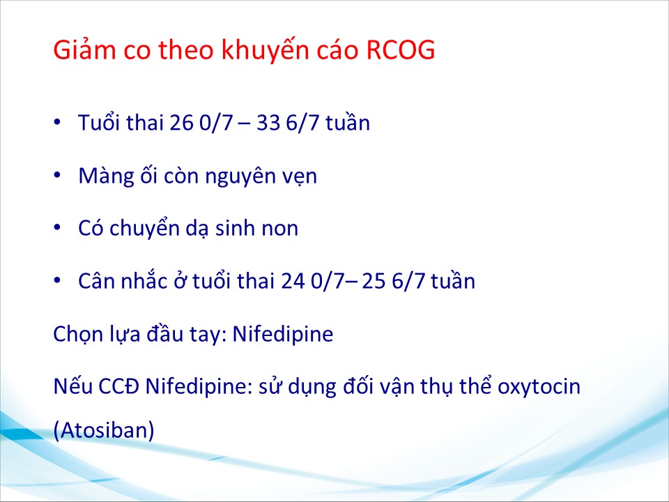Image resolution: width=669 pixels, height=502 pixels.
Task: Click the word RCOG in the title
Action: click(401, 50)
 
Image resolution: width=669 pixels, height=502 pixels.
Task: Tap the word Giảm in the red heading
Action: click(84, 50)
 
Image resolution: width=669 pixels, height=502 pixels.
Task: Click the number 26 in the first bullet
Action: click(181, 123)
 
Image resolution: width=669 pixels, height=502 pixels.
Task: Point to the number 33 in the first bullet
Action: click(268, 123)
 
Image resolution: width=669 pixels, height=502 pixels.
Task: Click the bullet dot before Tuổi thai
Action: click(57, 122)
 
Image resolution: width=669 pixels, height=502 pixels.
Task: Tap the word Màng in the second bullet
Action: click(106, 176)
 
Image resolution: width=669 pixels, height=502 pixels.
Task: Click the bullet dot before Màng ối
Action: click(57, 175)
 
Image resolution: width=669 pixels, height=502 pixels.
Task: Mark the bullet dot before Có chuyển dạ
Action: click(57, 228)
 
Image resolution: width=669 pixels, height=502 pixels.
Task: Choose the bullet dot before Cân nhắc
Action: click(57, 281)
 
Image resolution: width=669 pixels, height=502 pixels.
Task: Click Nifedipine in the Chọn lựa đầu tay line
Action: click(282, 334)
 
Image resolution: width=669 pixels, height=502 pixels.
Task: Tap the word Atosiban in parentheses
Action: click(104, 431)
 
